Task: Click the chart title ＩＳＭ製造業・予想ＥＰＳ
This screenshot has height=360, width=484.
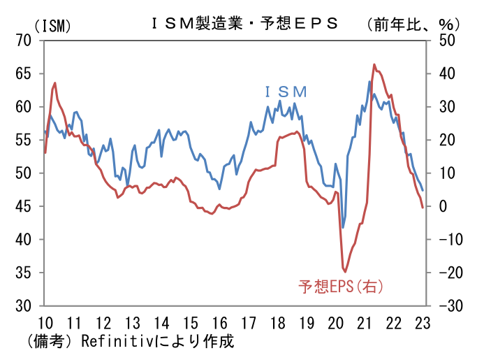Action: pos(244,22)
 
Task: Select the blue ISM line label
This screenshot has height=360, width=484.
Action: pos(286,92)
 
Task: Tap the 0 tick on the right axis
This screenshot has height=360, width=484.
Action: pos(441,206)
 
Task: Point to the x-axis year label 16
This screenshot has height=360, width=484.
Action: pos(219,323)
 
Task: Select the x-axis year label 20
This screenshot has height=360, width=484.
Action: pos(336,323)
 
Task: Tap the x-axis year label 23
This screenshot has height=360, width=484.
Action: pos(423,323)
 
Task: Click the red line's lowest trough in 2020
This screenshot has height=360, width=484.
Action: pos(344,271)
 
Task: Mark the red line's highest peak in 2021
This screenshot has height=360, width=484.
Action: pos(374,64)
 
